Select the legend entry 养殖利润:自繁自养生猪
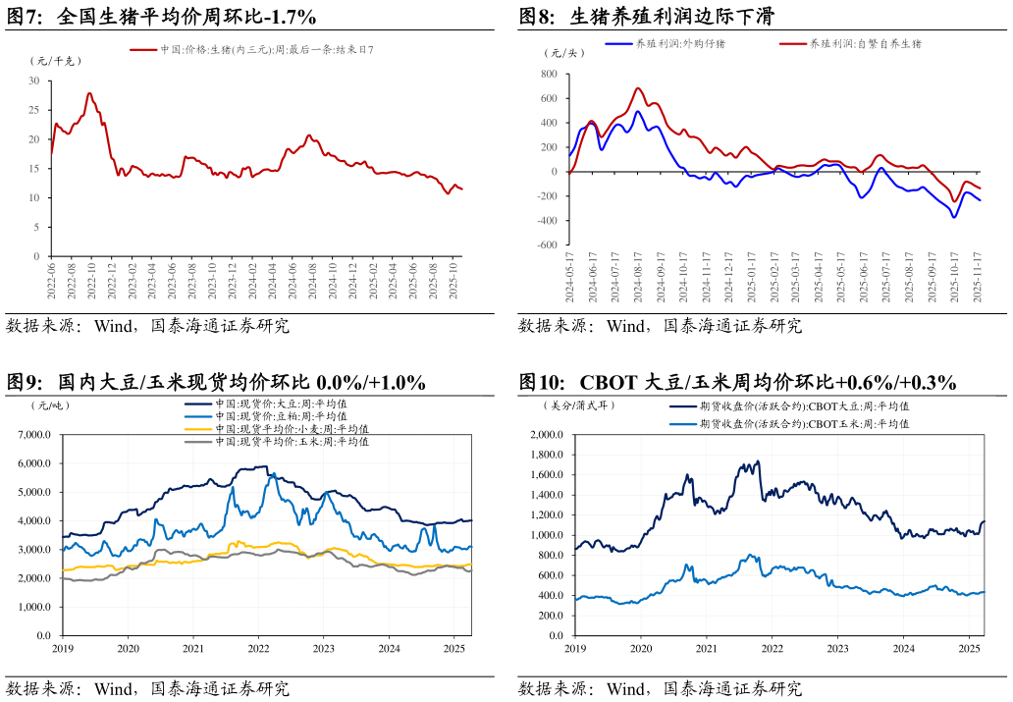click(865, 44)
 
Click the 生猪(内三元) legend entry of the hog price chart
click(266, 49)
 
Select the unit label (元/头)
click(567, 53)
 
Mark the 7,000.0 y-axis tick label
click(35, 434)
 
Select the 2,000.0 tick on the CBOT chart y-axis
click(548, 434)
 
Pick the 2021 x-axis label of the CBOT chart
click(706, 649)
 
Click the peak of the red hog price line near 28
click(89, 93)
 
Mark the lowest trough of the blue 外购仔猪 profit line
click(953, 217)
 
